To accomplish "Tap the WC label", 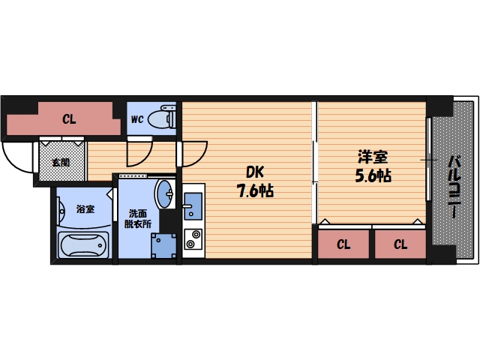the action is click(x=137, y=119).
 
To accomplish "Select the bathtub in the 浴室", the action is click(x=83, y=245).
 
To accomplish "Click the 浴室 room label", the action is click(x=85, y=209).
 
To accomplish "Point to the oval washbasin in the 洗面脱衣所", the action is click(x=165, y=193).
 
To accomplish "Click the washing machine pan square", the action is click(x=163, y=246).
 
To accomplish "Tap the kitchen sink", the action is click(x=193, y=206).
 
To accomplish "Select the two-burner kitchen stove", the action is click(x=193, y=239).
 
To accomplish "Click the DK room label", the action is click(x=255, y=172).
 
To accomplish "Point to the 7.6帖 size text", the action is click(x=255, y=191).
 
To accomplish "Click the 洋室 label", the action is click(x=373, y=157).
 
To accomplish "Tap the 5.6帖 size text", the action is click(x=373, y=175).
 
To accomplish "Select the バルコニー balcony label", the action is click(x=455, y=187).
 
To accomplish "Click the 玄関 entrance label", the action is click(x=61, y=163).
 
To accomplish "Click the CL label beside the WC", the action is click(x=69, y=119).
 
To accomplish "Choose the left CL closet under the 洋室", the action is click(x=343, y=244).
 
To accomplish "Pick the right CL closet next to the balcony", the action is click(x=400, y=244).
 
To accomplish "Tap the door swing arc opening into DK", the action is click(x=200, y=158).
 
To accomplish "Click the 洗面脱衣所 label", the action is click(x=138, y=218).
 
